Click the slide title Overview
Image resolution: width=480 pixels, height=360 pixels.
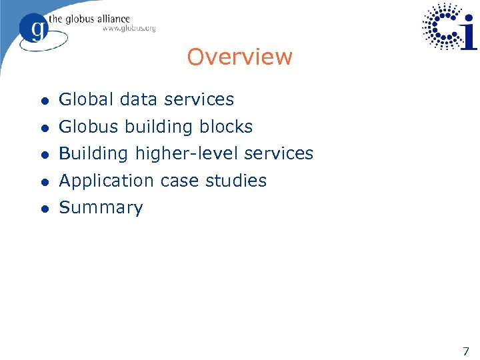point(239,57)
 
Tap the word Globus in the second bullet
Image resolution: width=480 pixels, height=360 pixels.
point(85,127)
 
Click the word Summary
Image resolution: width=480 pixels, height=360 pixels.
point(101,207)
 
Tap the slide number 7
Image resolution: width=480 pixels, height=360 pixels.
point(465,351)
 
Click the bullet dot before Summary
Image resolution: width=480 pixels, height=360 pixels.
point(44,209)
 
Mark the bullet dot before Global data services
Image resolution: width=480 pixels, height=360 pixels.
point(44,101)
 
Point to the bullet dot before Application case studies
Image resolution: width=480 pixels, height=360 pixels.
point(44,181)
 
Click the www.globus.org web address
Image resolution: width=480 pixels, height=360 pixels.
point(129,28)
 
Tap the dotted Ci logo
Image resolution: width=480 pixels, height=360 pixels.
point(450,27)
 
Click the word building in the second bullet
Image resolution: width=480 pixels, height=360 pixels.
point(157,127)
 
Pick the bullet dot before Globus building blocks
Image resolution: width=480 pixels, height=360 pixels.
point(44,127)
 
